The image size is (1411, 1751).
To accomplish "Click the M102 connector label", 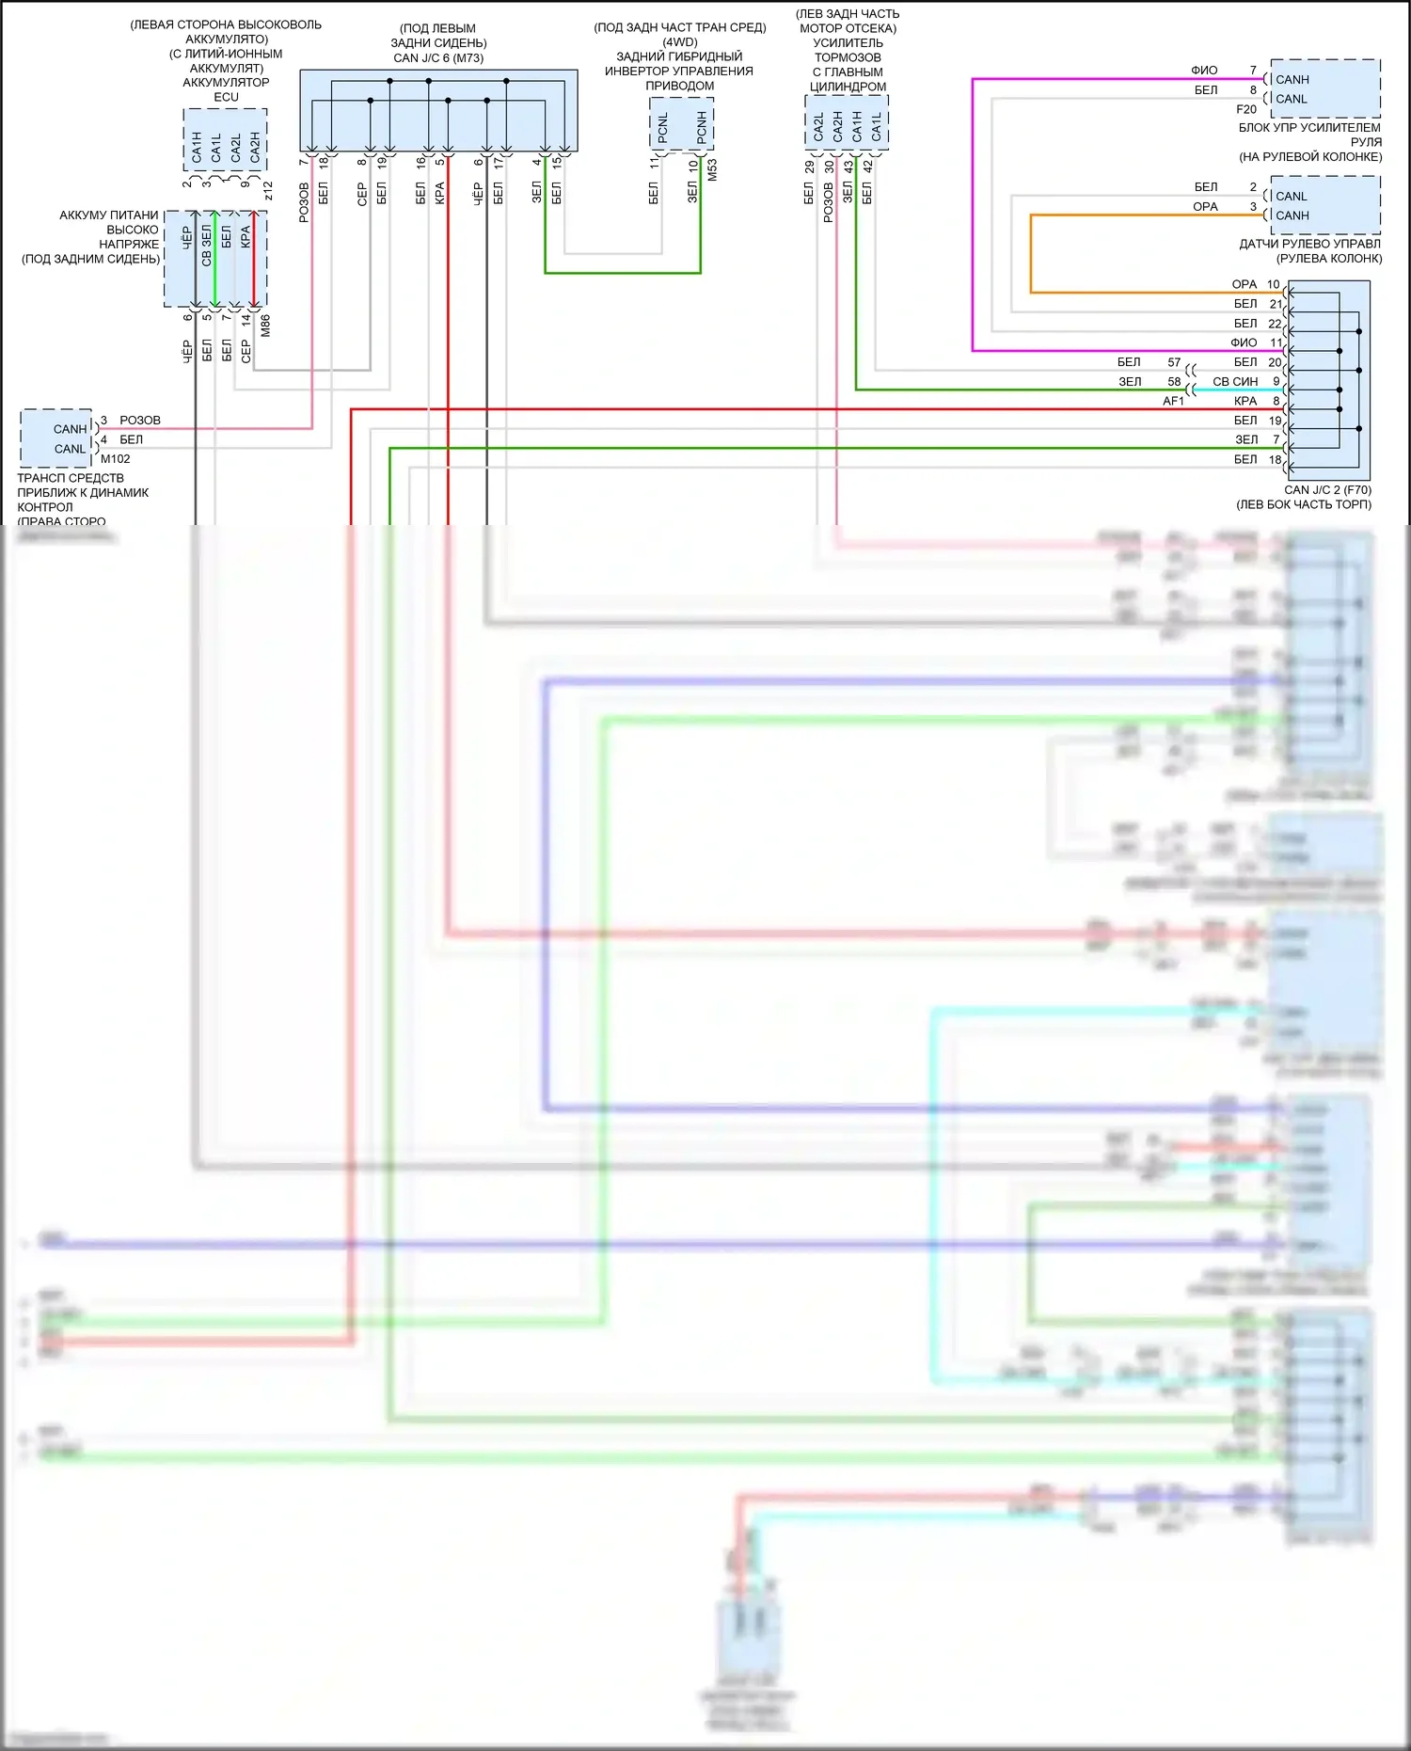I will (x=116, y=459).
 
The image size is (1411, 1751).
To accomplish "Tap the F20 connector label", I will (x=1246, y=109).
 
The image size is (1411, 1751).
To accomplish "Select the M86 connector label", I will (x=265, y=326).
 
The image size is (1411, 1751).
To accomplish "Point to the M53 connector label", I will (x=712, y=170).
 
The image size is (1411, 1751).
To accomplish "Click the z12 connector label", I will (x=268, y=191).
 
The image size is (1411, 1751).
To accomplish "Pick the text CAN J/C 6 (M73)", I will (x=438, y=58).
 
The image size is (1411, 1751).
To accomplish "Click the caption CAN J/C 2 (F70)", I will (x=1327, y=490).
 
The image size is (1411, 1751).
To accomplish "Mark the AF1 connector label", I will (x=1173, y=401).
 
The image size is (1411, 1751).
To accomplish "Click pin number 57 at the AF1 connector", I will (x=1174, y=362).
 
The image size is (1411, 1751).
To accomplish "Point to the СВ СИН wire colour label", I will (x=1235, y=382).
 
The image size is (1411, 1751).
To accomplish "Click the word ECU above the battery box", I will (x=226, y=97).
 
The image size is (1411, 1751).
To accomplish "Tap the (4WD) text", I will (x=680, y=42).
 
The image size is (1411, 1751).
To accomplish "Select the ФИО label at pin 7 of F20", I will (x=1204, y=71).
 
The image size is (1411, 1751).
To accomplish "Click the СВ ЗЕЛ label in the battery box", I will (x=207, y=246).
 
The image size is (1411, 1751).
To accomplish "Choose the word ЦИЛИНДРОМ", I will (x=848, y=87).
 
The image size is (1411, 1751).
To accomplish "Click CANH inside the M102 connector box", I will (x=70, y=429).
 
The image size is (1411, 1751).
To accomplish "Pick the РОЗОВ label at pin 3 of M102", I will (x=140, y=421).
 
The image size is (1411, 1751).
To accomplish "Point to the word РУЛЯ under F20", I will (x=1366, y=142).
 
